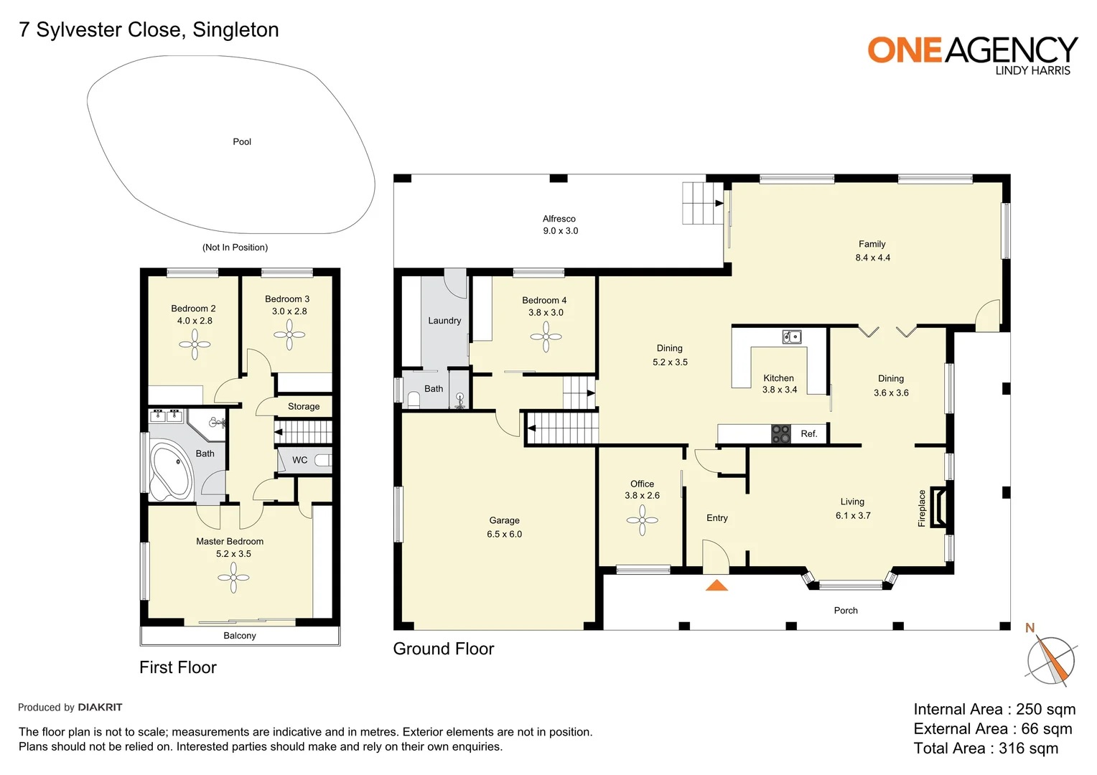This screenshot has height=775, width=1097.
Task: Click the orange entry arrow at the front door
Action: (716, 586)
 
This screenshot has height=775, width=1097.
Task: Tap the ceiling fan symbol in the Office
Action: (642, 520)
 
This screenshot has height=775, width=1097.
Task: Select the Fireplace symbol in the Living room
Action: (938, 507)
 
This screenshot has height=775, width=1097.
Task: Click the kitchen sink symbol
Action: (791, 337)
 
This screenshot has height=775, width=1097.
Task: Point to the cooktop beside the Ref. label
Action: (780, 433)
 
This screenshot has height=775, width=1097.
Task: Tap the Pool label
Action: (242, 142)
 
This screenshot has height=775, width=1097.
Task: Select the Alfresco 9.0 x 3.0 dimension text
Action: (560, 231)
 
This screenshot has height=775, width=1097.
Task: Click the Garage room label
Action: (504, 520)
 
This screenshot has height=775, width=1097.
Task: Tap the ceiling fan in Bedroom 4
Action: (546, 337)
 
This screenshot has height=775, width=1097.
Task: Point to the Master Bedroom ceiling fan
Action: (233, 578)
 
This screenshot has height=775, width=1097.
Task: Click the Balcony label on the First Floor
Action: (240, 636)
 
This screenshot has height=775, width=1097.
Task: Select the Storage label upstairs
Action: (304, 407)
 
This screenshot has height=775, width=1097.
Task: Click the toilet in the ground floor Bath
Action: (414, 399)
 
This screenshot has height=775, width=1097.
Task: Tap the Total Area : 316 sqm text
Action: (986, 748)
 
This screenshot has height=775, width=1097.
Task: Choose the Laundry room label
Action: (444, 321)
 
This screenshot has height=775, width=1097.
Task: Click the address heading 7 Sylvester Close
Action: (149, 29)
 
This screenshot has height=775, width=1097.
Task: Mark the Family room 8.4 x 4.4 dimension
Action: (872, 258)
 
